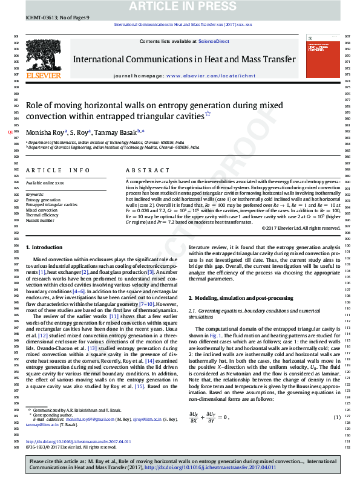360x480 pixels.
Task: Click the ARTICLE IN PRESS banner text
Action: [x=180, y=6]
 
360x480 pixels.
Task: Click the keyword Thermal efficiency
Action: [x=42, y=215]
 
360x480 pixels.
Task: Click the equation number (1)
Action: [x=337, y=417]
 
